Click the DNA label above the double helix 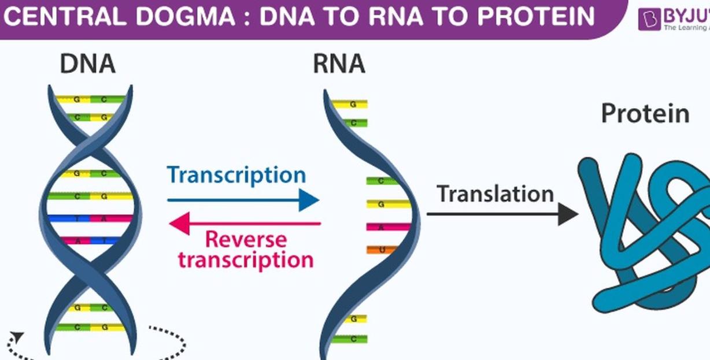(87, 64)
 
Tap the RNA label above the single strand (339, 64)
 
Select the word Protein (645, 113)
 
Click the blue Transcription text (236, 175)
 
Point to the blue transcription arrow (243, 201)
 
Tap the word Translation (495, 194)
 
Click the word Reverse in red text (246, 239)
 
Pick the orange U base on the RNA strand (380, 250)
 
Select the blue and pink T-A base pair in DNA (90, 218)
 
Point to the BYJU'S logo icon (648, 19)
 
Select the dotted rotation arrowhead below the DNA (18, 336)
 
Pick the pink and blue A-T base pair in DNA (90, 240)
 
